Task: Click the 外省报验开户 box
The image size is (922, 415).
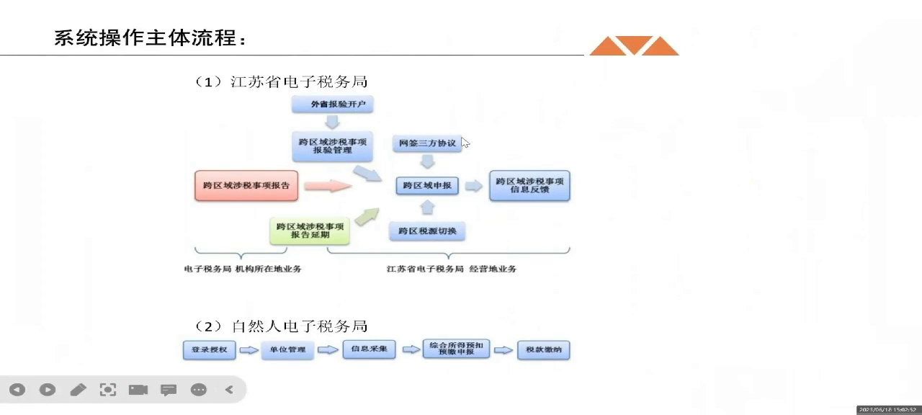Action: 332,104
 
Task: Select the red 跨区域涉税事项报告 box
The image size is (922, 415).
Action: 246,185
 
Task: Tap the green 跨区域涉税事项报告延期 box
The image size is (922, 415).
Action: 310,230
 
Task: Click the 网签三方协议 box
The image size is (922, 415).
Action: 427,143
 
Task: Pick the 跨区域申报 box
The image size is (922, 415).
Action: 427,186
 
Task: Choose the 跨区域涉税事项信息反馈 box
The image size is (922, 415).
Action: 529,185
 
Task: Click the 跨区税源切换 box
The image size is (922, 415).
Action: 427,231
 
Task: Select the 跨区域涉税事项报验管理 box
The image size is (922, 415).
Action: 332,146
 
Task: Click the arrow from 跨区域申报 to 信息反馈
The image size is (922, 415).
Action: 473,186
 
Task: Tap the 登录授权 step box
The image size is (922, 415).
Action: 210,350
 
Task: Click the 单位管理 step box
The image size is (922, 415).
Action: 287,350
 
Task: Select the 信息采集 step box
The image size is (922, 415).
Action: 369,349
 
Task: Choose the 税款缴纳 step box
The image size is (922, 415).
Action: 543,350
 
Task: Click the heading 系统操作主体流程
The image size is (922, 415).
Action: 150,37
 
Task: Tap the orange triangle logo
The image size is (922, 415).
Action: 634,45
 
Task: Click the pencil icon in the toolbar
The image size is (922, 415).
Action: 78,390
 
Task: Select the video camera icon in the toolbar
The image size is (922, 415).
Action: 138,390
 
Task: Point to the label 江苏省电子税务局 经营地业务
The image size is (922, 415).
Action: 451,269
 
